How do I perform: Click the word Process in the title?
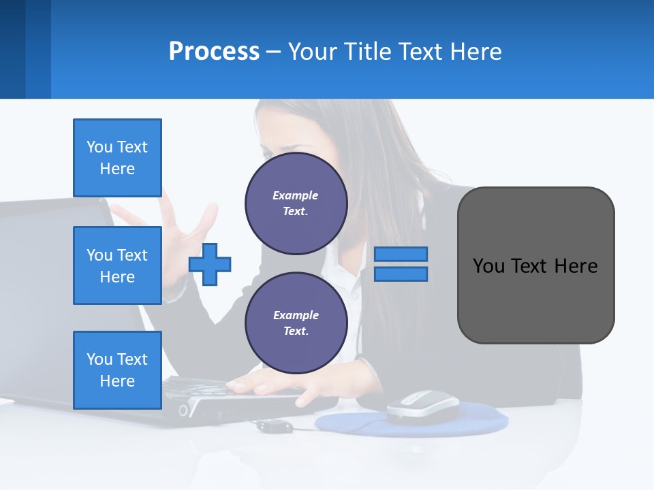point(214,51)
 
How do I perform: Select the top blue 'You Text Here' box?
point(117,158)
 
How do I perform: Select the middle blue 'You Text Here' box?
point(117,265)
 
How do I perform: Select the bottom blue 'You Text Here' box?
point(117,370)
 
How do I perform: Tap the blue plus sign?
point(210,264)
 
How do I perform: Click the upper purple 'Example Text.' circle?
point(296,203)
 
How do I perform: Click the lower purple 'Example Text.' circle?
point(296,323)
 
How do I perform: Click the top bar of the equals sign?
point(401,254)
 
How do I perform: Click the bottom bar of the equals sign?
point(401,274)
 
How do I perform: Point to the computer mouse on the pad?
point(422,406)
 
